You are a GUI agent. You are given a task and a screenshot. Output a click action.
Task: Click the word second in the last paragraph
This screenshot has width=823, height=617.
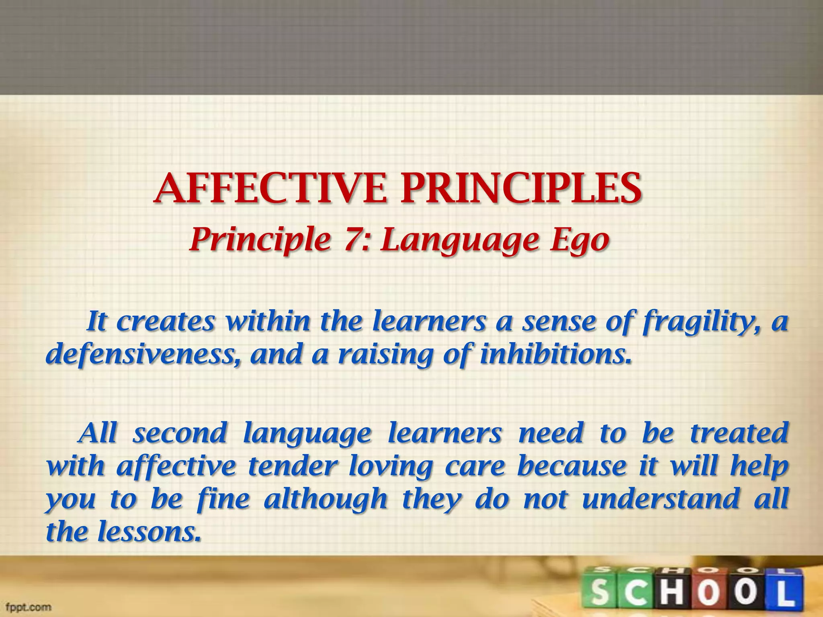[x=180, y=433]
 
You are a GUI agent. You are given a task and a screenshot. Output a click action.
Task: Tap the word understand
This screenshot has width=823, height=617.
[x=661, y=499]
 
